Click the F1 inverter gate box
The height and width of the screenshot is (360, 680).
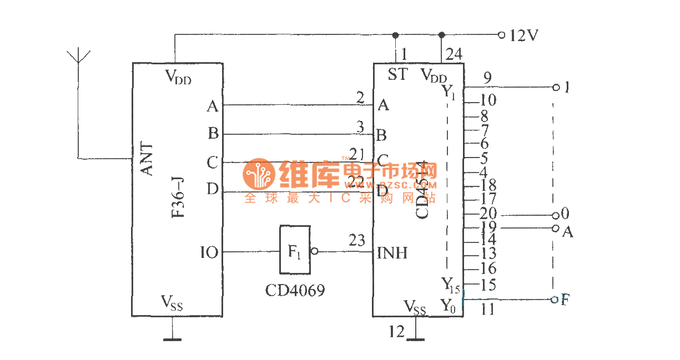point(294,250)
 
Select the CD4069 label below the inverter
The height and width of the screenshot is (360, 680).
point(294,290)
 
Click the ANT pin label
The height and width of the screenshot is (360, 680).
point(147,159)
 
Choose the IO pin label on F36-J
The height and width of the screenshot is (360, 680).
point(209,253)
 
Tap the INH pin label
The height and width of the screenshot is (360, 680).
point(392,253)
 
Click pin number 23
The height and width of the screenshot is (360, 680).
point(356,241)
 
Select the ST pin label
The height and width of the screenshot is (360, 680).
point(397,74)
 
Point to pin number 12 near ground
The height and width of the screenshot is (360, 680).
point(396,332)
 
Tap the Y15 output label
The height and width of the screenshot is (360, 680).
point(450,285)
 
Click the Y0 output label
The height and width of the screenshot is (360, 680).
point(448,305)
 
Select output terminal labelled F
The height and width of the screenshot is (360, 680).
point(565,300)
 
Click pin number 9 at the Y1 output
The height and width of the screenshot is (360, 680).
point(487,78)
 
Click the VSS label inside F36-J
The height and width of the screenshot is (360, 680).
point(172,302)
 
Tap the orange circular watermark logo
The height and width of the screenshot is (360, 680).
point(259,174)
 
